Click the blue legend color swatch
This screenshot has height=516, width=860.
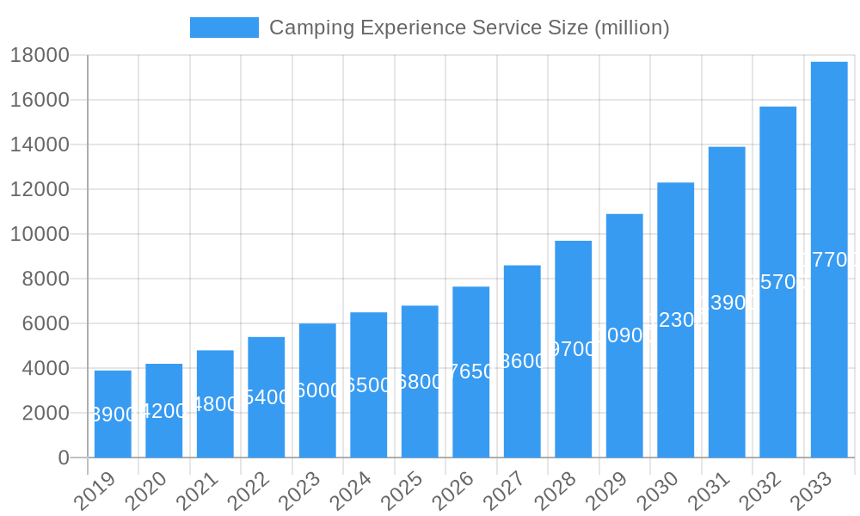coord(224,28)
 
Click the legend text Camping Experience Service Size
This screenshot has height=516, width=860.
coord(469,28)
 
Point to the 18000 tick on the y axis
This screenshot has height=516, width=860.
coord(40,55)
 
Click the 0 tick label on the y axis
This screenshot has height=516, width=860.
coord(64,458)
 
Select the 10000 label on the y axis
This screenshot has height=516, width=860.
coord(40,234)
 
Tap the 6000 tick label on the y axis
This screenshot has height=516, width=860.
coord(45,323)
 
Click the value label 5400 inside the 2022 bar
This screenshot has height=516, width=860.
coord(267,397)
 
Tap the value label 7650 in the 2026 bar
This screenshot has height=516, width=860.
coord(471,372)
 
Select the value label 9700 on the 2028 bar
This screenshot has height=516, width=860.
coord(574,349)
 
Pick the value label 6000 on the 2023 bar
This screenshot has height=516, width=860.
coord(317,390)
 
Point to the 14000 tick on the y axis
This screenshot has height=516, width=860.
coord(40,144)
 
